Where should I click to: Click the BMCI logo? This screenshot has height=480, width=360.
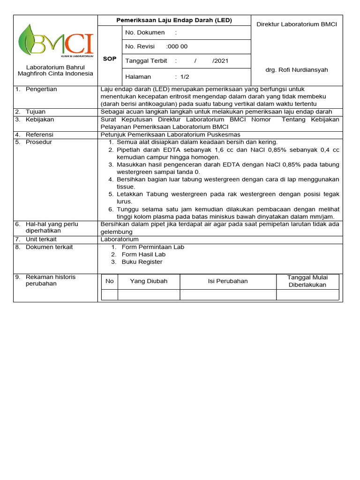coord(55,40)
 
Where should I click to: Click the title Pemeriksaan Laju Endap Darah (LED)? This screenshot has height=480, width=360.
coord(174,21)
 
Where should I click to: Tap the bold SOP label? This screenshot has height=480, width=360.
coord(109,59)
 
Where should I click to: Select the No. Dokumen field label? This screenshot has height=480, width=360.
coord(145,32)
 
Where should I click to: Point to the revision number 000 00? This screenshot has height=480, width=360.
coord(177,46)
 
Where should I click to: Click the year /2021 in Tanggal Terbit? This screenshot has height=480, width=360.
coord(221,61)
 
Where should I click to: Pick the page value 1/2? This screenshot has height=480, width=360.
coord(184,76)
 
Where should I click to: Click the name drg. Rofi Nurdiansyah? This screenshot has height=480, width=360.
coord(297,70)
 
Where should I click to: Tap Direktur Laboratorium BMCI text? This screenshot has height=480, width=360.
coord(297,24)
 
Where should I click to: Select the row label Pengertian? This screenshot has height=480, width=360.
coord(41,89)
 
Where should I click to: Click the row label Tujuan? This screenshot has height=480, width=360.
coord(36,112)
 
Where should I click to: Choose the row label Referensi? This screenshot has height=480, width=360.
coord(39,135)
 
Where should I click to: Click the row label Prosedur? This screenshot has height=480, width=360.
coord(39,142)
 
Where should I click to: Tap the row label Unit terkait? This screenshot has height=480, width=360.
coord(41,239)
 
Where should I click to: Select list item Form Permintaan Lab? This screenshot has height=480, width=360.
coord(153,247)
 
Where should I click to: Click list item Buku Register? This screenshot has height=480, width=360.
coord(142,262)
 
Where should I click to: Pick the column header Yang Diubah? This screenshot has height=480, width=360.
coord(149,281)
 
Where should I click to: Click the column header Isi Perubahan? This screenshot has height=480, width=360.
coord(228,281)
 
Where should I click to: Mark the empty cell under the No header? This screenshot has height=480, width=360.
coord(110,294)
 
